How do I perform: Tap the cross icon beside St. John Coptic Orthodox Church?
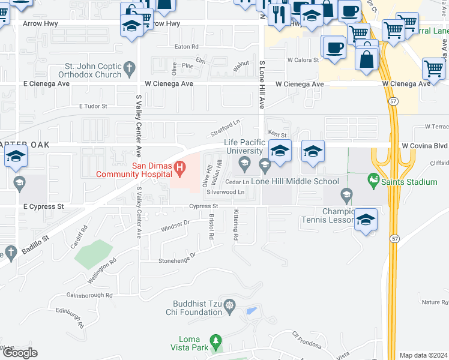pyautogui.click(x=129, y=70)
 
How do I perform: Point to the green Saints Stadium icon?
pyautogui.click(x=374, y=179)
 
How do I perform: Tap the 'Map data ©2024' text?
pyautogui.click(x=423, y=355)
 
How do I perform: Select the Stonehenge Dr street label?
pyautogui.click(x=177, y=257)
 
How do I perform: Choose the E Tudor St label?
pyautogui.click(x=93, y=106)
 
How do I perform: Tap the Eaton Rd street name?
pyautogui.click(x=186, y=47)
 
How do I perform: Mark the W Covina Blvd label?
pyautogui.click(x=424, y=145)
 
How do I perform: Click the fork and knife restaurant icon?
pyautogui.click(x=279, y=14)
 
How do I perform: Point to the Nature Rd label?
pyautogui.click(x=435, y=302)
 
